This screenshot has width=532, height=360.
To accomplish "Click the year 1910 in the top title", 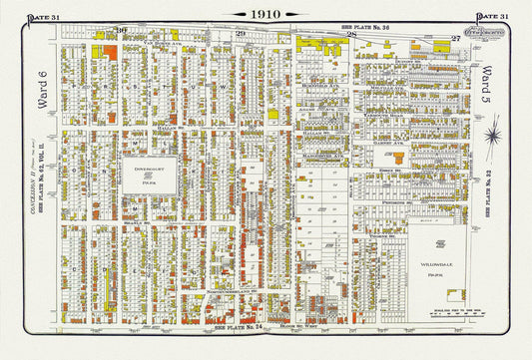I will [x=266, y=14].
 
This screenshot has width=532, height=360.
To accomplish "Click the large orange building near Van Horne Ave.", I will [x=110, y=51].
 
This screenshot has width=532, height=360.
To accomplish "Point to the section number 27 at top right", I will [x=455, y=37].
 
